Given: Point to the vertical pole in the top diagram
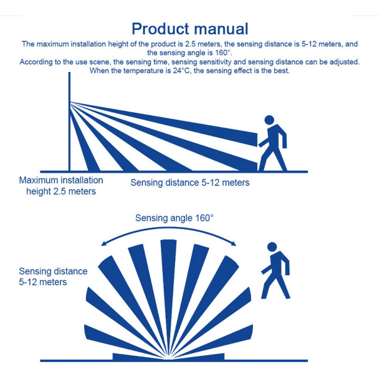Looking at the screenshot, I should pyautogui.click(x=70, y=124).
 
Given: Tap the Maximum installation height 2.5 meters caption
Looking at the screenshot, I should pyautogui.click(x=61, y=186).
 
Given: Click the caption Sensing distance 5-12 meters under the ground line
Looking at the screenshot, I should pyautogui.click(x=190, y=183).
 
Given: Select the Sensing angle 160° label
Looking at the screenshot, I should pyautogui.click(x=174, y=218).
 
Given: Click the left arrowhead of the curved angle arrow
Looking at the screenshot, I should pyautogui.click(x=103, y=244).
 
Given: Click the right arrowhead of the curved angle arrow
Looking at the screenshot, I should pyautogui.click(x=234, y=243).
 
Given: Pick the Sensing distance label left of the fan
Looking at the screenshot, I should pyautogui.click(x=53, y=277).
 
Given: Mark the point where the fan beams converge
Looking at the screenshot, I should pyautogui.click(x=169, y=357).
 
